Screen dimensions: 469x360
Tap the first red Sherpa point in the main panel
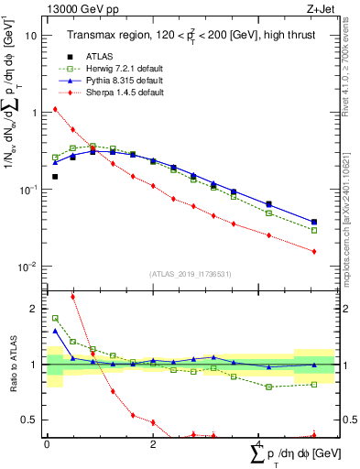pos(55,109)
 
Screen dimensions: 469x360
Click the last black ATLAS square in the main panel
pos(314,222)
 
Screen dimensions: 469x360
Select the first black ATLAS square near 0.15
pos(55,176)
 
